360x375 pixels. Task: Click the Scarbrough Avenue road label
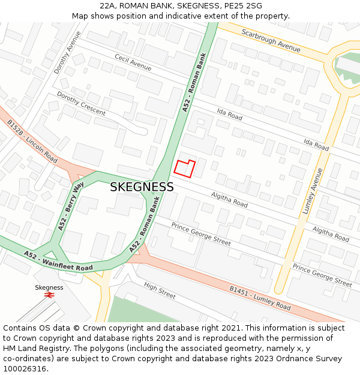pyautogui.click(x=271, y=40)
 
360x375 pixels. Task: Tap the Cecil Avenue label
pyautogui.click(x=133, y=62)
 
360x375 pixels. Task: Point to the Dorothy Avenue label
pyautogui.click(x=67, y=57)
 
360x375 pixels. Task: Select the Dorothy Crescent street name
pyautogui.click(x=81, y=103)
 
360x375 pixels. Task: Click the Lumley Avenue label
pyautogui.click(x=318, y=191)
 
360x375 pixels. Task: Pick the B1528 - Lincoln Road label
pyautogui.click(x=32, y=141)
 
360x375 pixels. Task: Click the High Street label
pyautogui.click(x=160, y=292)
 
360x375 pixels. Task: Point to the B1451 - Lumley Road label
pyautogui.click(x=260, y=298)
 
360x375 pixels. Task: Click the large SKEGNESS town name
pyautogui.click(x=142, y=187)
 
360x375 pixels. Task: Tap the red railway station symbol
pyautogui.click(x=49, y=295)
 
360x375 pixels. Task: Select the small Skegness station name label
pyautogui.click(x=49, y=287)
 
